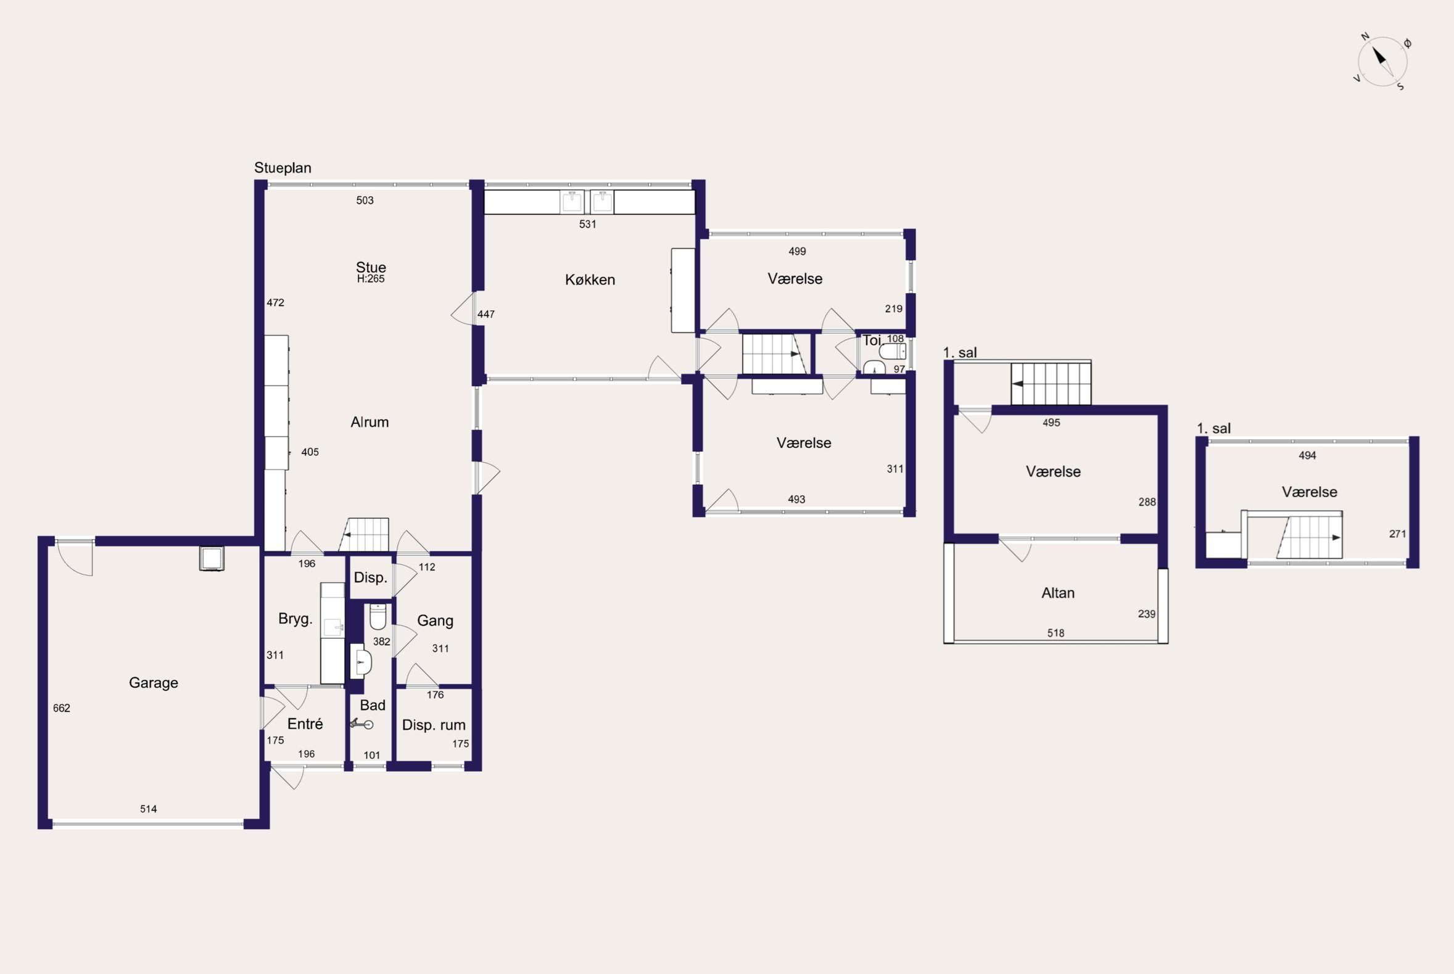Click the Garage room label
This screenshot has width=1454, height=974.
click(x=154, y=683)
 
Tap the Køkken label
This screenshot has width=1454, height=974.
click(x=590, y=280)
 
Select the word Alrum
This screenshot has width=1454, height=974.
click(x=370, y=423)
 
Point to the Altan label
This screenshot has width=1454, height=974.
click(x=1058, y=593)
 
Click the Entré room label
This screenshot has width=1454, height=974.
click(x=305, y=724)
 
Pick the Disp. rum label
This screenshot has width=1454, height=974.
click(x=434, y=725)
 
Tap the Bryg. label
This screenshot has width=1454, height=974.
click(x=295, y=619)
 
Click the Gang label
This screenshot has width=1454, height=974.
click(x=435, y=621)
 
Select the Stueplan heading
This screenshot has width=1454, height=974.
click(x=283, y=168)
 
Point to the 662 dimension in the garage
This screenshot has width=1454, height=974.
click(x=62, y=708)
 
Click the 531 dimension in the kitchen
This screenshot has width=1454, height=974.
click(x=587, y=225)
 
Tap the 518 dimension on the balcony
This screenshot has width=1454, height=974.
click(x=1056, y=633)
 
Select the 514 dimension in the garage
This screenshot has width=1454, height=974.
click(x=149, y=809)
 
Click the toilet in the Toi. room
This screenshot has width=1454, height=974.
click(x=893, y=352)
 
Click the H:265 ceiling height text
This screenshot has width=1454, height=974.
click(x=371, y=279)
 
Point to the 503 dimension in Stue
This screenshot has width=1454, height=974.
click(x=365, y=200)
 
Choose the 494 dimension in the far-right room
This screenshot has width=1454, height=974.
click(x=1307, y=455)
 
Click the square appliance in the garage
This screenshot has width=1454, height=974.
click(x=212, y=558)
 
